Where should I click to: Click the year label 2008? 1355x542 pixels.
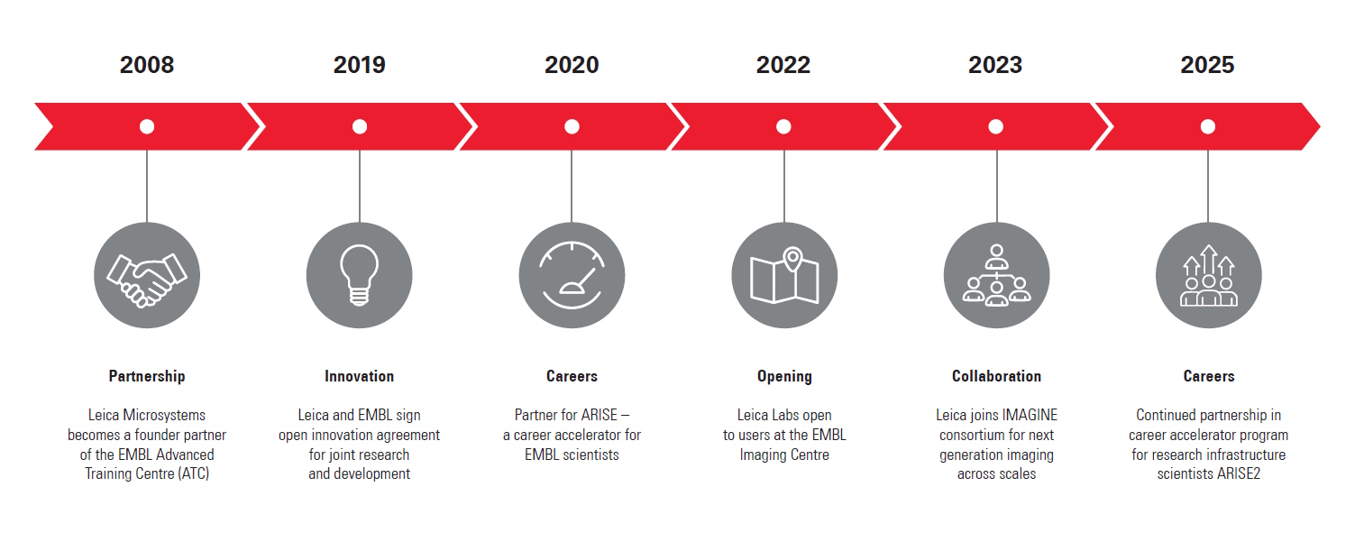pyautogui.click(x=147, y=65)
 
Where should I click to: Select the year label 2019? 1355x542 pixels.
pyautogui.click(x=360, y=65)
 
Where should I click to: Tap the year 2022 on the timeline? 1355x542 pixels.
pyautogui.click(x=783, y=65)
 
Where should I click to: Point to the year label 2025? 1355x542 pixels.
pyautogui.click(x=1207, y=65)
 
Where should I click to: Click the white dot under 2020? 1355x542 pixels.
pyautogui.click(x=572, y=126)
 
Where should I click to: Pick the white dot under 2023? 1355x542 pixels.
pyautogui.click(x=995, y=126)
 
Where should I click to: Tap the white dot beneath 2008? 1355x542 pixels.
pyautogui.click(x=147, y=126)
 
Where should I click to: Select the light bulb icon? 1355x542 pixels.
pyautogui.click(x=360, y=275)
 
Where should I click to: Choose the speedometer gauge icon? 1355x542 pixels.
pyautogui.click(x=572, y=275)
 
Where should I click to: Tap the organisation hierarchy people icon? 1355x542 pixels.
pyautogui.click(x=997, y=275)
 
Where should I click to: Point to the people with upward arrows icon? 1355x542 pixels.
pyautogui.click(x=1209, y=275)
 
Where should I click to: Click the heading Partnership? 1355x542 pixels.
pyautogui.click(x=147, y=376)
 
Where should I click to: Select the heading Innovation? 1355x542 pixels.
pyautogui.click(x=360, y=376)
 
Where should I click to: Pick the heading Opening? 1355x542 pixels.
pyautogui.click(x=784, y=376)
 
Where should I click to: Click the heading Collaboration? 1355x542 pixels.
pyautogui.click(x=997, y=376)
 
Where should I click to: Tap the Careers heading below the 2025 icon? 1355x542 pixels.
pyautogui.click(x=1209, y=376)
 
